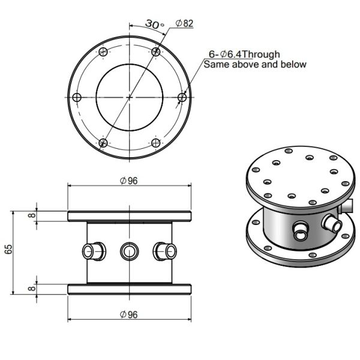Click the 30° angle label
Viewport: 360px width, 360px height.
click(x=154, y=25)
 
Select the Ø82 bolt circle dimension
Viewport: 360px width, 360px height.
click(x=184, y=23)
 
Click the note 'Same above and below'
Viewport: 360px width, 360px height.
click(x=255, y=64)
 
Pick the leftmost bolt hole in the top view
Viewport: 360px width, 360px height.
click(x=76, y=97)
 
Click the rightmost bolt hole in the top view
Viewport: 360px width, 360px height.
click(x=182, y=97)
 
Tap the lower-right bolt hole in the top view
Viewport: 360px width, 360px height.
click(x=156, y=143)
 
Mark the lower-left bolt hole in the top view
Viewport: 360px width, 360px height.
click(x=103, y=143)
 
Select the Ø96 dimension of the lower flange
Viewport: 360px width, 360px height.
click(x=129, y=314)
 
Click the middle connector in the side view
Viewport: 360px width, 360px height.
click(x=129, y=250)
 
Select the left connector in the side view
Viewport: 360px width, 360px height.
click(x=93, y=250)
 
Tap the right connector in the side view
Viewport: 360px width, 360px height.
click(x=164, y=250)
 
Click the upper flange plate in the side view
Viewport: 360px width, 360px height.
click(x=129, y=215)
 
